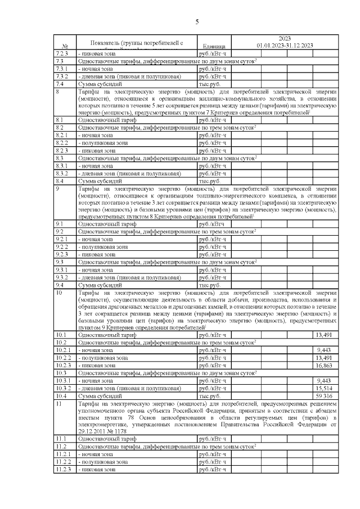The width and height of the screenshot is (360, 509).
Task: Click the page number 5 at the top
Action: tap(197, 22)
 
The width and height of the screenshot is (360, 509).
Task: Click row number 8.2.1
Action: tap(62, 136)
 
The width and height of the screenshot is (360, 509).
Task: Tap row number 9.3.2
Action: tap(62, 277)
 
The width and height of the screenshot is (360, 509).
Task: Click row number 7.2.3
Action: tap(62, 53)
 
